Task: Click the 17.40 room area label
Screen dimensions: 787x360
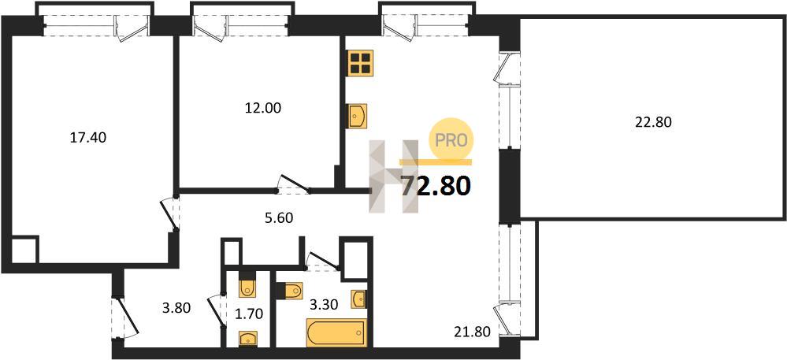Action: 87,138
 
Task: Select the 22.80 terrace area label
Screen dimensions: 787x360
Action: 653,122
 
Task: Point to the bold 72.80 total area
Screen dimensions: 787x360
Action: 436,186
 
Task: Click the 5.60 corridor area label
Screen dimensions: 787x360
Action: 278,217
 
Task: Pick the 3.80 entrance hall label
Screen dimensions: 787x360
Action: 176,307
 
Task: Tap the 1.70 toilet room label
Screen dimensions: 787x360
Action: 249,314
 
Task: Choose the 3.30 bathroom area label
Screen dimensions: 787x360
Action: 323,304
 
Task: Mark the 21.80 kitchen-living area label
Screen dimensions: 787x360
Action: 471,331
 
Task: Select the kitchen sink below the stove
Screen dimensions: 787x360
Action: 358,116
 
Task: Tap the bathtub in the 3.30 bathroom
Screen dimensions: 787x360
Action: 336,332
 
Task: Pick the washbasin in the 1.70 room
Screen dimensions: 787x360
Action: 248,340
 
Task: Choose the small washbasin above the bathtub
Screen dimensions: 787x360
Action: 358,299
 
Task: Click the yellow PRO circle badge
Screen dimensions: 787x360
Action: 451,139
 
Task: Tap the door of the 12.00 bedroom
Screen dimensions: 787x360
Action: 294,184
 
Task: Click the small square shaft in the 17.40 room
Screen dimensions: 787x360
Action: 24,250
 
